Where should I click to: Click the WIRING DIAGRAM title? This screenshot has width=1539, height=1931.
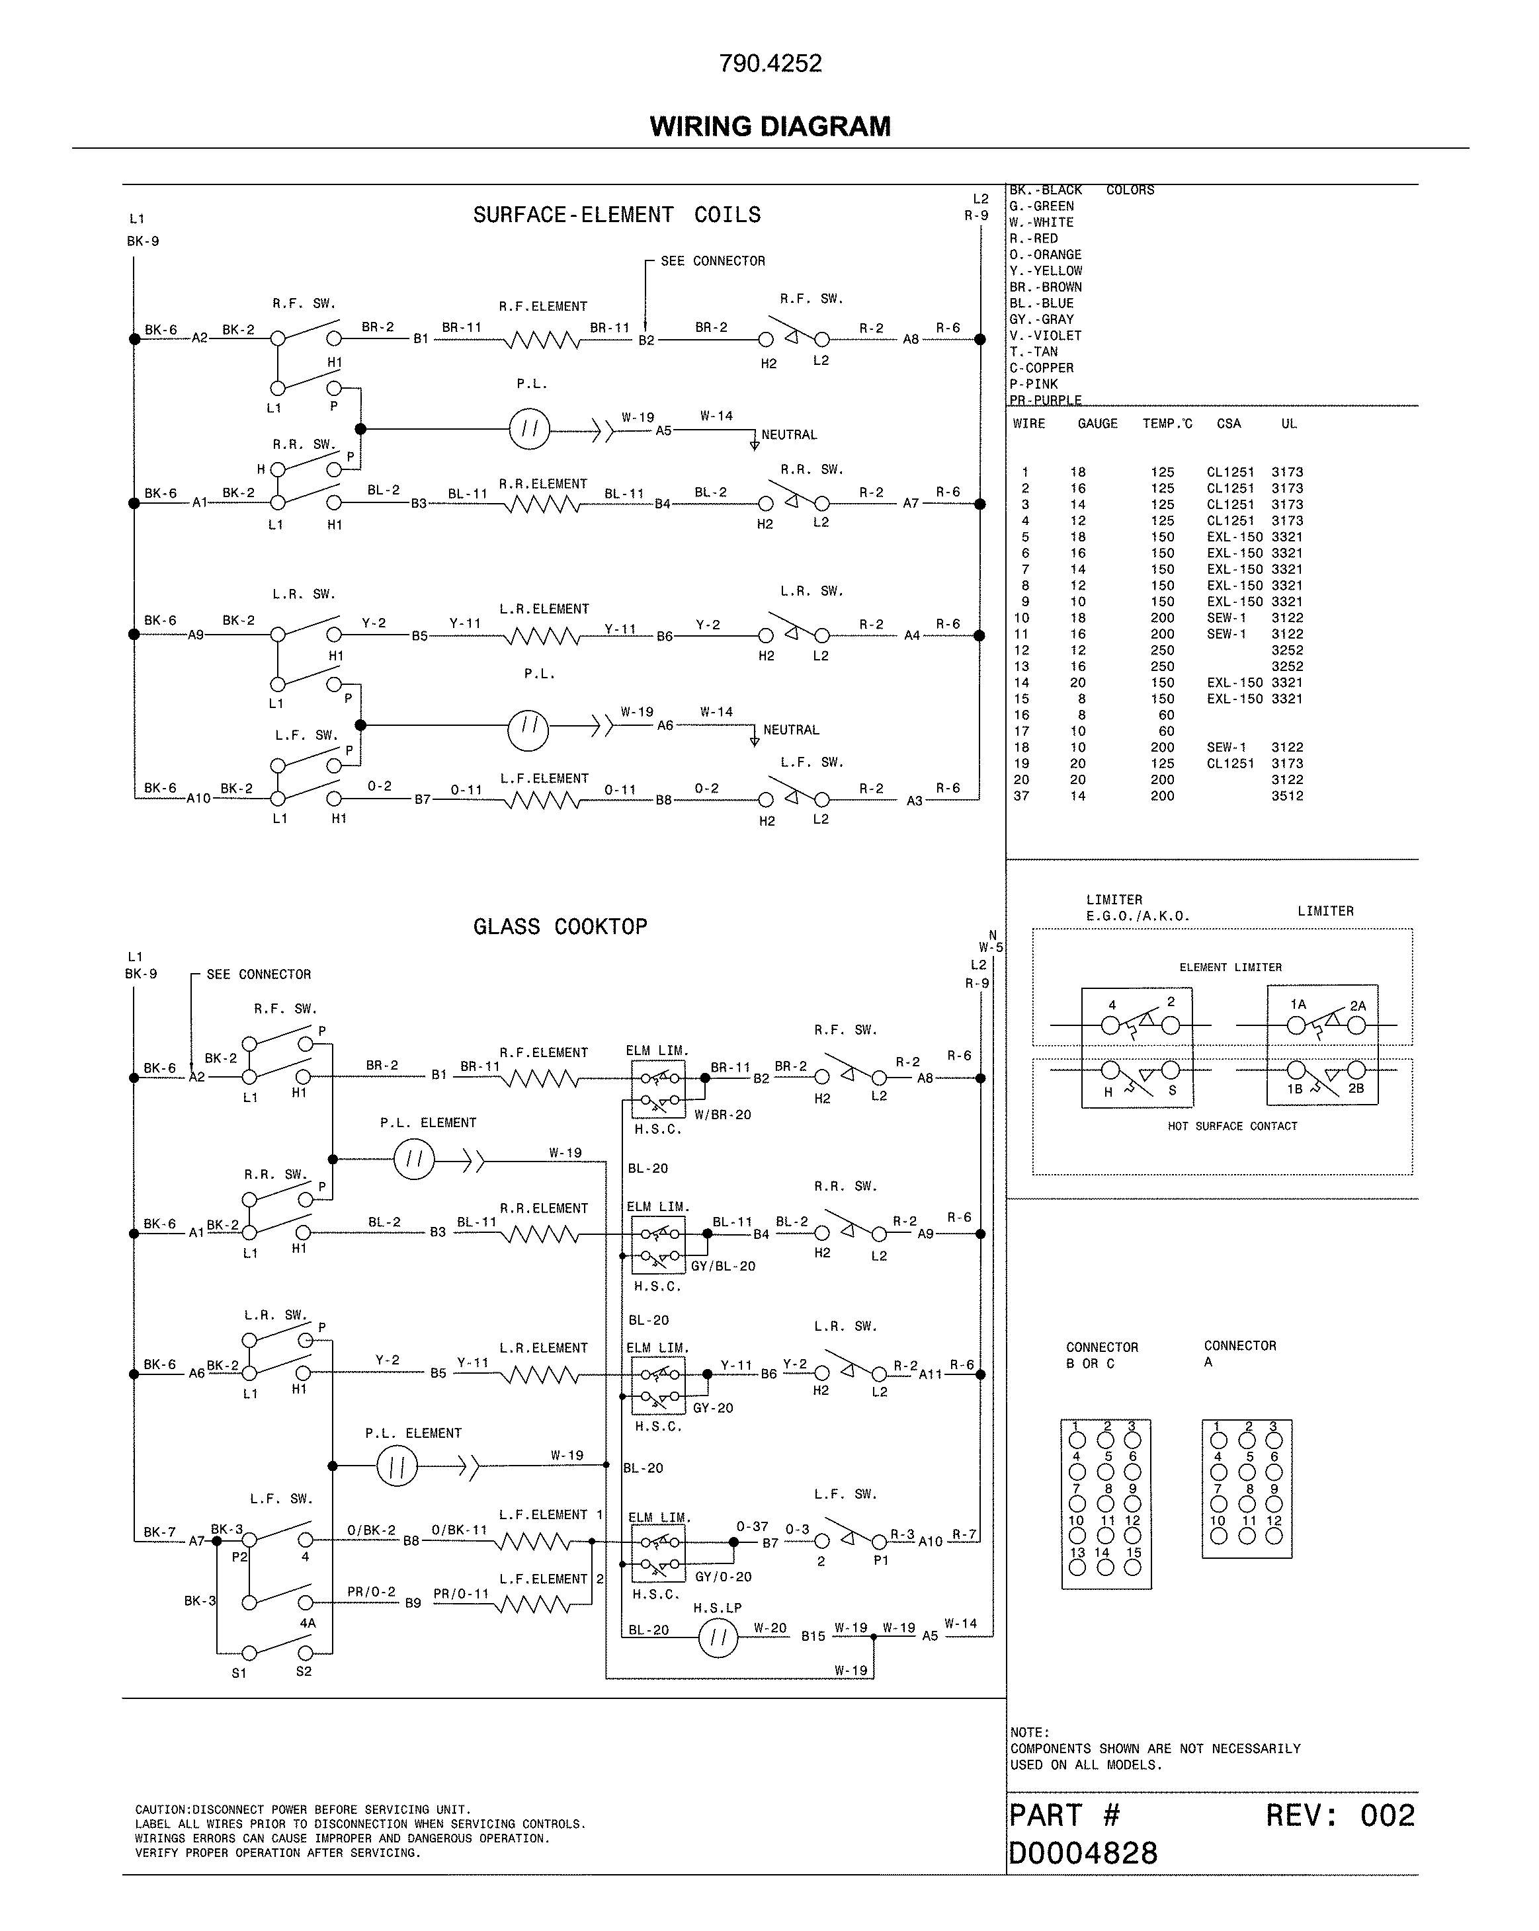point(770,126)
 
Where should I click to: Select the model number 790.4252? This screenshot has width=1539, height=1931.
point(770,63)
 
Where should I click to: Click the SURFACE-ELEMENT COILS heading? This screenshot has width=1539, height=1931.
point(616,215)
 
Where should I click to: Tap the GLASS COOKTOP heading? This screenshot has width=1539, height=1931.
point(560,926)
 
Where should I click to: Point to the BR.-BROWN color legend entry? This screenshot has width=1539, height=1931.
point(1046,288)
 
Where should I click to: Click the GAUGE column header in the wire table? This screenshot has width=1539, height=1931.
point(1097,424)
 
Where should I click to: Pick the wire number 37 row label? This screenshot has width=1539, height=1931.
point(1021,795)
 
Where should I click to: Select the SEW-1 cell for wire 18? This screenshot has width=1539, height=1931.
point(1226,747)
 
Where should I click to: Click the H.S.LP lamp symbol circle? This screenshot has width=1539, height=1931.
point(718,1638)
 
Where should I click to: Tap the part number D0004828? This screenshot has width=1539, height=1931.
point(1083,1852)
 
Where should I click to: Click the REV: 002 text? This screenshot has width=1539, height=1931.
point(1339,1815)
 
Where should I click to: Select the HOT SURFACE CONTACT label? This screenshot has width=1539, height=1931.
point(1231,1126)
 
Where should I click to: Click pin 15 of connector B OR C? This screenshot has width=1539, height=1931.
point(1133,1567)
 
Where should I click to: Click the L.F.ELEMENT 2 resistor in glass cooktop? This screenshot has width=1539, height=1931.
point(535,1605)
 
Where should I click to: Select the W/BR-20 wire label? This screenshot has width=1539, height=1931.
point(722,1114)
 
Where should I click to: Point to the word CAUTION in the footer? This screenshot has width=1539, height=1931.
point(162,1809)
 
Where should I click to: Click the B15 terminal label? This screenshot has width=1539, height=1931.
point(813,1635)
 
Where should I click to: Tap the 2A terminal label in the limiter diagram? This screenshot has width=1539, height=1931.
point(1357,1005)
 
